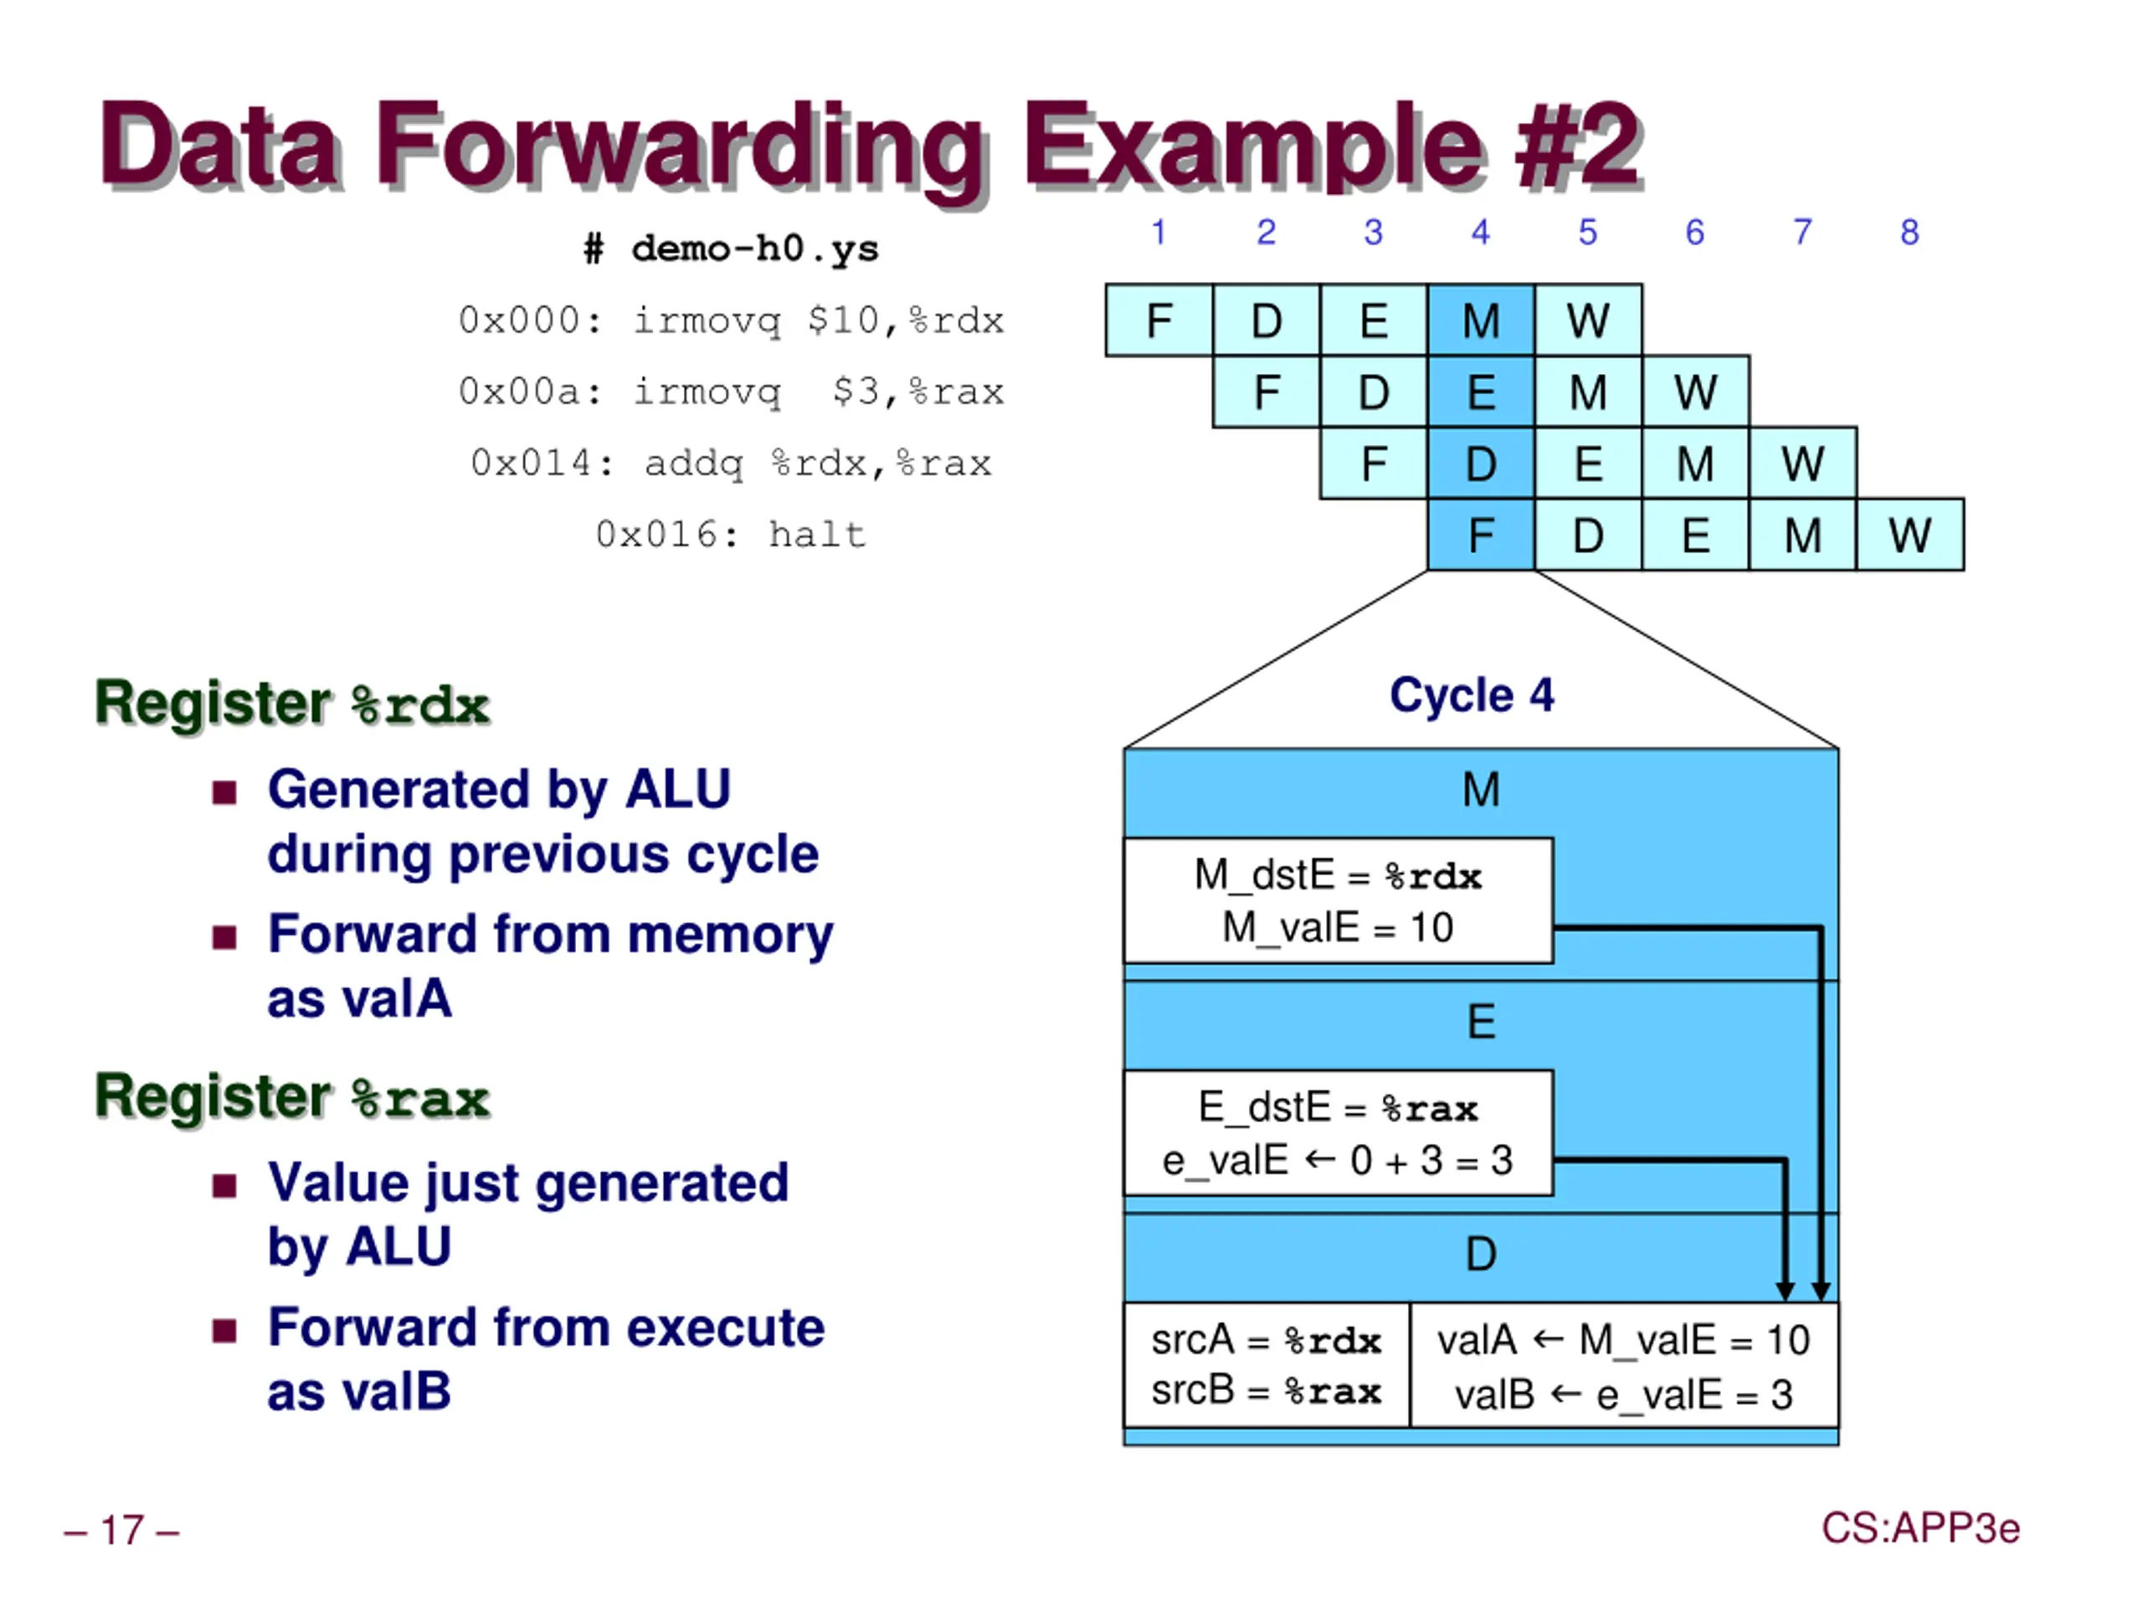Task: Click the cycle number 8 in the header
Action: [x=1909, y=233]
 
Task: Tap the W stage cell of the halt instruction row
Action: [x=1909, y=535]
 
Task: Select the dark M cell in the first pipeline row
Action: [x=1480, y=320]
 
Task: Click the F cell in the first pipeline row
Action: [x=1159, y=320]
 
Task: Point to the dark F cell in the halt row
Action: [x=1480, y=535]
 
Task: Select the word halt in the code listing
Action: [x=817, y=535]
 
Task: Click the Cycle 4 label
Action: [x=1472, y=695]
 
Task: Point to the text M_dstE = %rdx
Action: [x=1338, y=874]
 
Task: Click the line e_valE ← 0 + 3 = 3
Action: [x=1337, y=1160]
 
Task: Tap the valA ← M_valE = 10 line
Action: [x=1623, y=1341]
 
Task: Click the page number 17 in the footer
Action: [x=122, y=1531]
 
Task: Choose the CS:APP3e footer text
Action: [x=1920, y=1527]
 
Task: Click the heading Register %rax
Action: [x=293, y=1096]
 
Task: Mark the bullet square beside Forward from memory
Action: [x=224, y=936]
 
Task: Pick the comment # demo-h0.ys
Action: [x=732, y=249]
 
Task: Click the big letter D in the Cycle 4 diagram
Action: [x=1480, y=1254]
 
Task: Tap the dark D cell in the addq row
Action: [x=1480, y=463]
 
